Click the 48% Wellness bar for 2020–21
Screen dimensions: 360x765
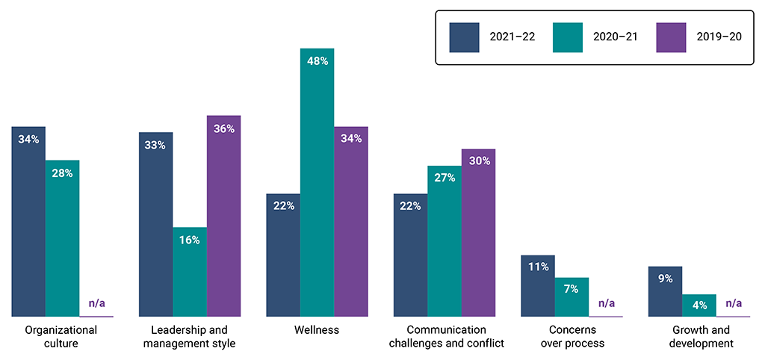[317, 183]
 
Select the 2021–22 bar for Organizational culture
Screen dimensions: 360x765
[28, 222]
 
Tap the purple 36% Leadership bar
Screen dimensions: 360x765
[223, 217]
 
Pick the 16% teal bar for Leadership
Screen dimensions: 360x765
[190, 273]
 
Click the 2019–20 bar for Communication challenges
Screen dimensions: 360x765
[478, 233]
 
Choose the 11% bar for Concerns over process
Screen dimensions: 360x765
[538, 286]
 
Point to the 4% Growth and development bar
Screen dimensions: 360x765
[699, 305]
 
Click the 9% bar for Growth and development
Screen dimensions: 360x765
[665, 291]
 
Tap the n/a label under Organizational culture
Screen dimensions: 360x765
[96, 304]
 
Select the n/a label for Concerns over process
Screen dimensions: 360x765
[606, 304]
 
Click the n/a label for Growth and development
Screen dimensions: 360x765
[734, 304]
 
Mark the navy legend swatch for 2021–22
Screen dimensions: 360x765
[463, 37]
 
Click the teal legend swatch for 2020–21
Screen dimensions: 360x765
[567, 37]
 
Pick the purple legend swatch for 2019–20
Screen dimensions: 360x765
[670, 37]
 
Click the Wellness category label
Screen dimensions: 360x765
[317, 330]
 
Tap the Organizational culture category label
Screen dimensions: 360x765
[62, 337]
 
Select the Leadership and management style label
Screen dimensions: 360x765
[190, 337]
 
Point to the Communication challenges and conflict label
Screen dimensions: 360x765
[445, 337]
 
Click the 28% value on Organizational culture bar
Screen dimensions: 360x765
[62, 173]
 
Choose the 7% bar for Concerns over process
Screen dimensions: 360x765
[572, 297]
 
